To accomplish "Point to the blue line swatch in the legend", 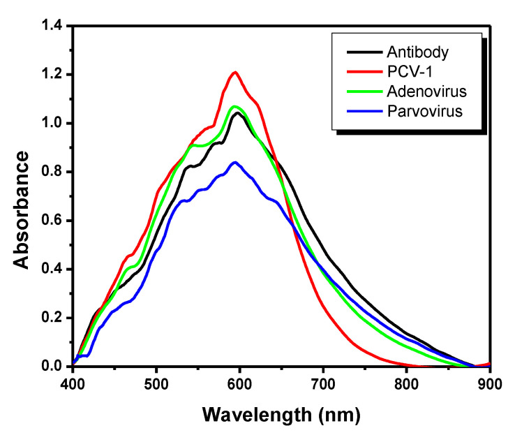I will (x=361, y=112).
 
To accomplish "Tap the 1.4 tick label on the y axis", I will (x=52, y=26).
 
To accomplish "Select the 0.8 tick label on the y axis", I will (x=52, y=172).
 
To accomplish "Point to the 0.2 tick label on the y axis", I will (x=52, y=318).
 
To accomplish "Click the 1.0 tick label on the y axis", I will (x=52, y=124).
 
